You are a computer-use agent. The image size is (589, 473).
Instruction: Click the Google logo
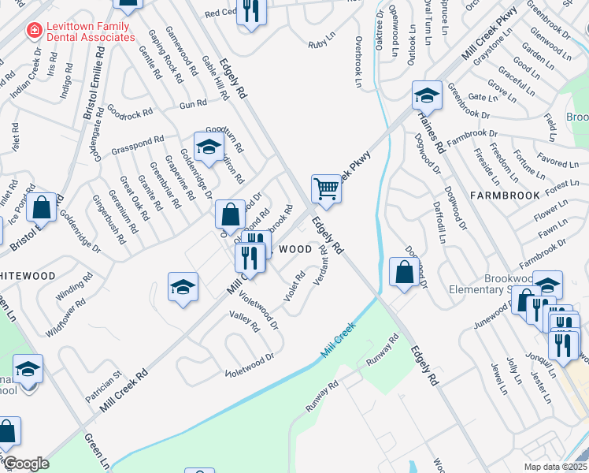click(26, 464)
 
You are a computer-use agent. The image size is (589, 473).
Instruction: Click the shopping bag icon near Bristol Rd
click(43, 207)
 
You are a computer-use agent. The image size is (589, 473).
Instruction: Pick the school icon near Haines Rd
click(427, 95)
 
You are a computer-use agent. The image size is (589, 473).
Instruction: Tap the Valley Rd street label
click(244, 322)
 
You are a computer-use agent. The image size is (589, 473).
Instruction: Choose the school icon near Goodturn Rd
click(209, 147)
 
